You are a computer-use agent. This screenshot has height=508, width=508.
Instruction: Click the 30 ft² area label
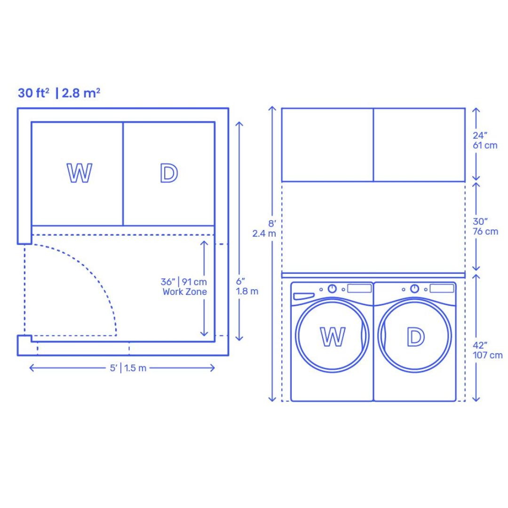point(33,93)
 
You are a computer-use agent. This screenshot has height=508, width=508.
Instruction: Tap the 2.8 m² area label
point(81,93)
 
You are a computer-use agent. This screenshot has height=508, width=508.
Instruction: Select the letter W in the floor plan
point(79,173)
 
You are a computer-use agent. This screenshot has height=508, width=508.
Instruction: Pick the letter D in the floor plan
point(169,173)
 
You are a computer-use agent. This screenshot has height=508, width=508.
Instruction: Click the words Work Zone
point(185,292)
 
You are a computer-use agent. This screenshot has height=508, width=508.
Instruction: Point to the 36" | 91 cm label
point(184,282)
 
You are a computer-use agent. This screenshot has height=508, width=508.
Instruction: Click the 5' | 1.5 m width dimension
point(128,368)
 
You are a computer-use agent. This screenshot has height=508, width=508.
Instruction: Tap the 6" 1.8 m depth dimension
point(247,286)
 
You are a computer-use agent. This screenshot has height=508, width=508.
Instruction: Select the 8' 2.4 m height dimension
point(264,229)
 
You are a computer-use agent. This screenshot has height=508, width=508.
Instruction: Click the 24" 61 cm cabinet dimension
point(485,140)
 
